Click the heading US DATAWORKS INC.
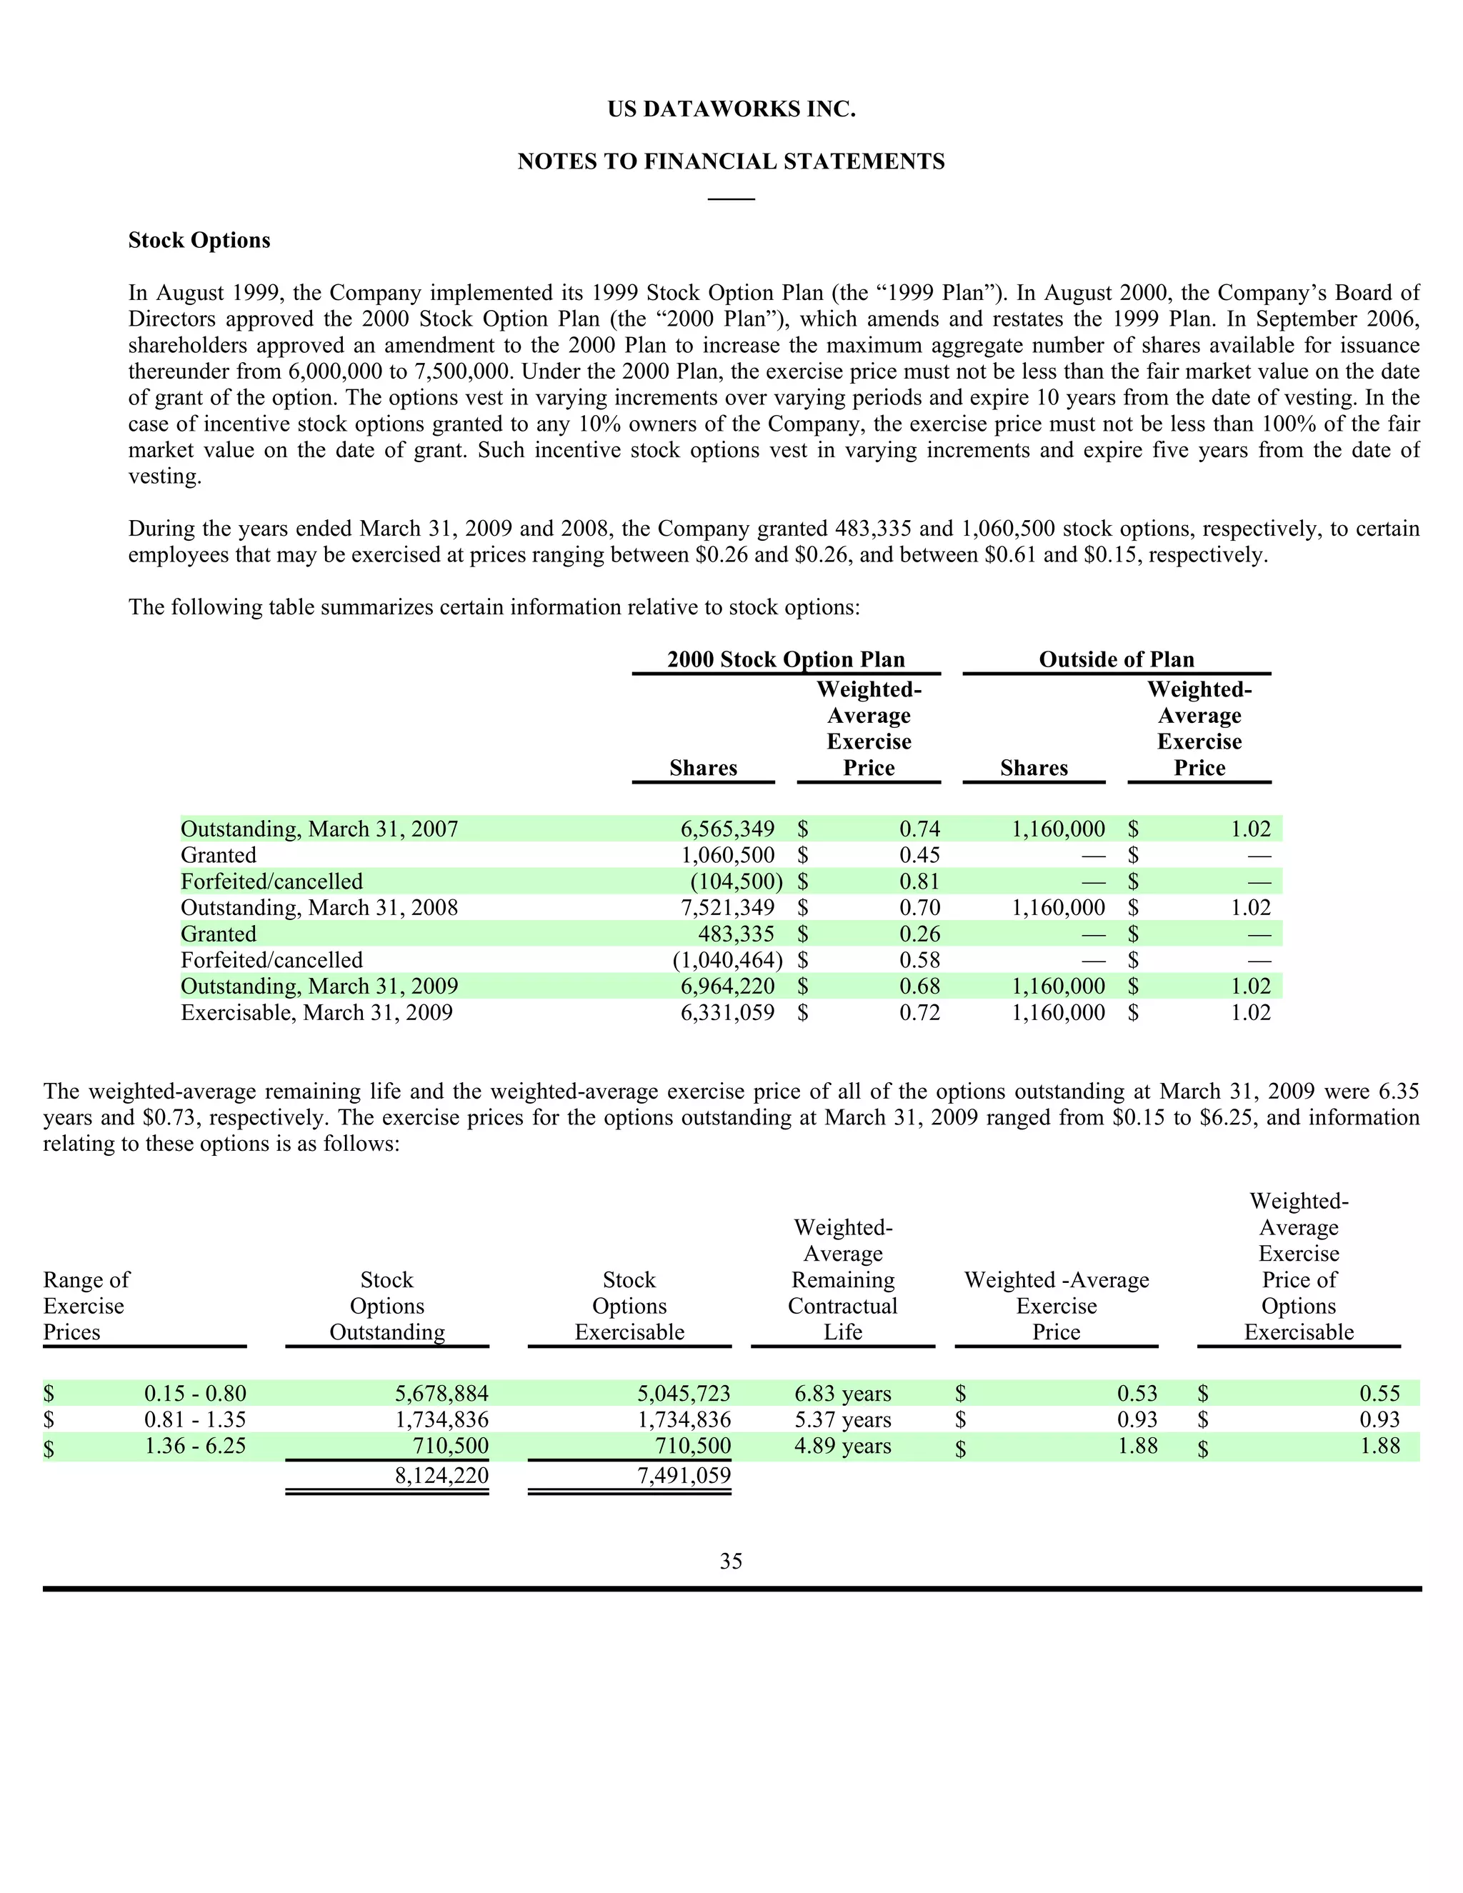[x=731, y=110]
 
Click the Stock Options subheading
[x=199, y=240]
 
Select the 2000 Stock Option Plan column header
[x=785, y=659]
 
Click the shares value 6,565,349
[x=727, y=829]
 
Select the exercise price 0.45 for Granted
[x=919, y=856]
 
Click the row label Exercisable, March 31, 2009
[x=316, y=1012]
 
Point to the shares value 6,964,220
[x=727, y=987]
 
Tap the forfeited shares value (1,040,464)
[x=727, y=960]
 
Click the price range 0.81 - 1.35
[x=195, y=1420]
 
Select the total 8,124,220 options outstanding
[x=441, y=1475]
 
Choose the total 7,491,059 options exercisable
[x=684, y=1475]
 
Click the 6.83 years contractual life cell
[x=842, y=1394]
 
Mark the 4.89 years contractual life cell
[x=842, y=1446]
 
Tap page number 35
[x=731, y=1561]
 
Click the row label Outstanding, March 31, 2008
[x=319, y=907]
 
